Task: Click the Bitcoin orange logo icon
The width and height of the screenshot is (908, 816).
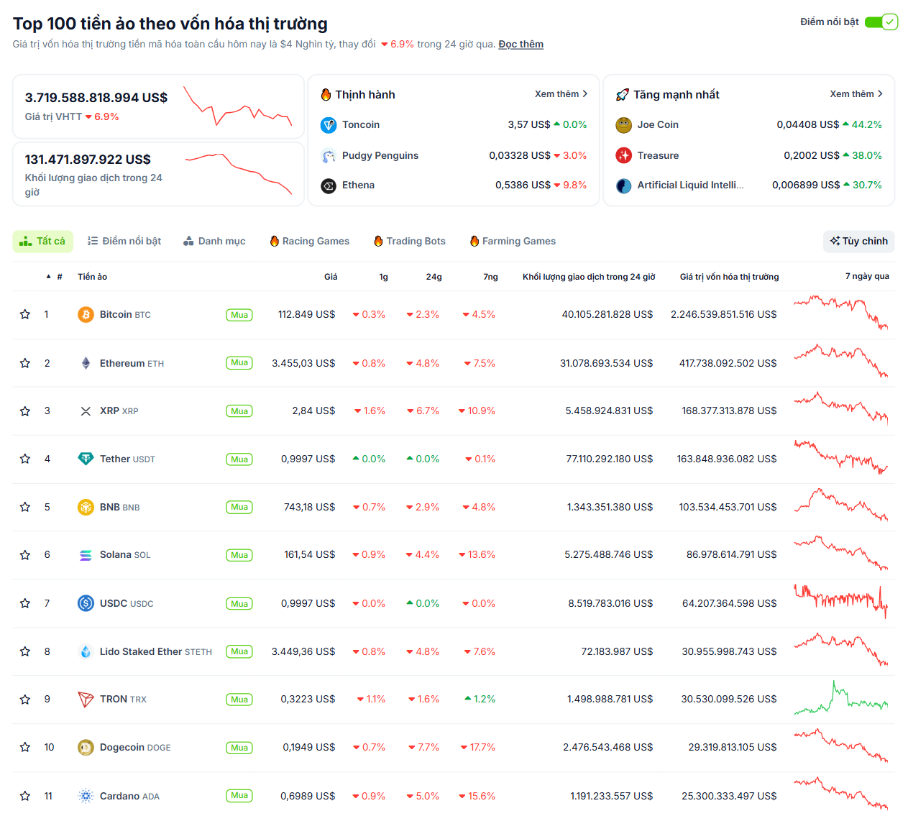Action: [x=86, y=314]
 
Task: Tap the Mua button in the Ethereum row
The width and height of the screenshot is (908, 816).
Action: [x=239, y=363]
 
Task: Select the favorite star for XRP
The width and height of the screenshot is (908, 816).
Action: [x=25, y=411]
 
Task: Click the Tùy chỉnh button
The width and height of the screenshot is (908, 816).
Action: [x=858, y=242]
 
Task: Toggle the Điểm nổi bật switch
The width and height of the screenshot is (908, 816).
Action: [x=881, y=22]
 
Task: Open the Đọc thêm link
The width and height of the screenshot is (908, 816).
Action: [x=521, y=45]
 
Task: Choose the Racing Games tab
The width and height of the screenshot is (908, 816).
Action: [x=310, y=242]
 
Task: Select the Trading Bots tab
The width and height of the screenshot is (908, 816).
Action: [x=410, y=242]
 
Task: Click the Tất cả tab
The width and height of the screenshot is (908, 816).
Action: [x=42, y=242]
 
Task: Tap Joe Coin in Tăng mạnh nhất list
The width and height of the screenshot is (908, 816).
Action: [x=657, y=125]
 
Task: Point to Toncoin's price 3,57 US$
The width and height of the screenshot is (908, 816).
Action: [x=528, y=125]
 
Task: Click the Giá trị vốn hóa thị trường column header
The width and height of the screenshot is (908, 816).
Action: [x=729, y=277]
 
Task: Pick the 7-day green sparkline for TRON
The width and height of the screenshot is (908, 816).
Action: [x=840, y=699]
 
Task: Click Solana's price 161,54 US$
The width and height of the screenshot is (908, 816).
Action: [x=309, y=555]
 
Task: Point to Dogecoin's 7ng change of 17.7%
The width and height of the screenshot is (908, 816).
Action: [x=478, y=748]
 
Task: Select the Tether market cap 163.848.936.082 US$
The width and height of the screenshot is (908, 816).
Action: [x=726, y=459]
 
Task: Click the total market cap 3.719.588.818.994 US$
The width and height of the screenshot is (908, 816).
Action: [x=96, y=98]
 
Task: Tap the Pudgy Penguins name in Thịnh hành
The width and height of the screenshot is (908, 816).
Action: [x=380, y=156]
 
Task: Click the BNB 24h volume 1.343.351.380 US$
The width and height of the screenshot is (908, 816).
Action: [x=610, y=507]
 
